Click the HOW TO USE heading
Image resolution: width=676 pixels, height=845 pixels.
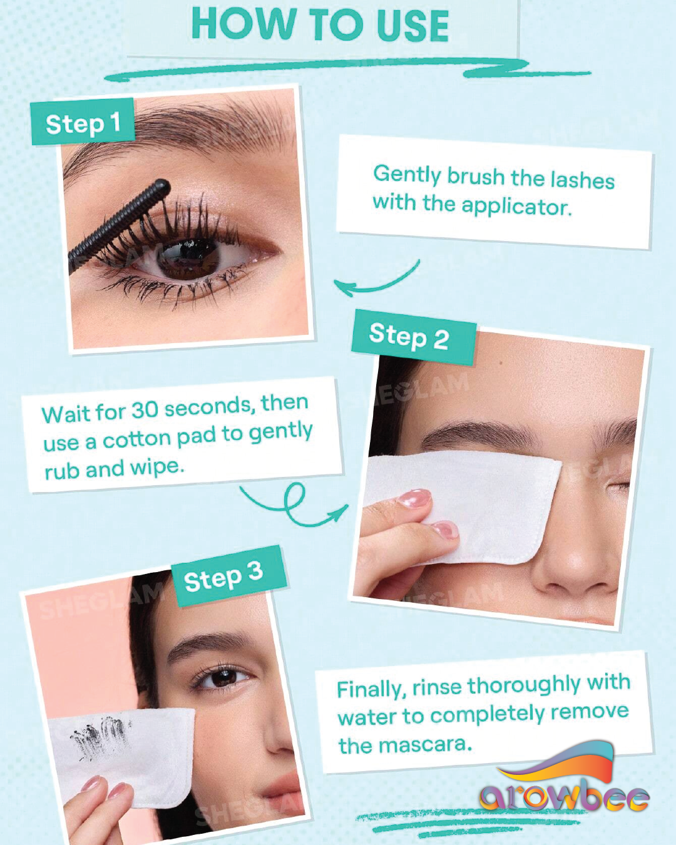click(x=320, y=25)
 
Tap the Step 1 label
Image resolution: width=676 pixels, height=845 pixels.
click(x=83, y=121)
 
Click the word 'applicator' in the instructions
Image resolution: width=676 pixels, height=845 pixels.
click(x=516, y=206)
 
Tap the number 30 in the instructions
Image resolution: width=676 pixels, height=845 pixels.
click(x=145, y=410)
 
